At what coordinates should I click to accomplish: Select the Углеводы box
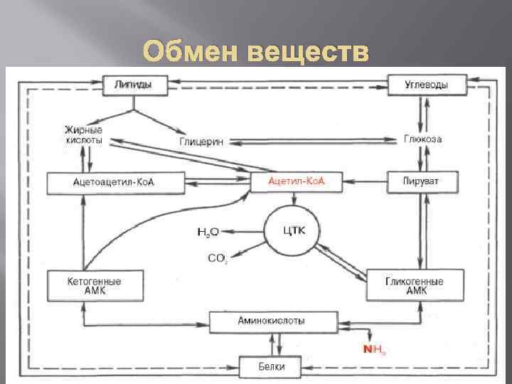coord(426,85)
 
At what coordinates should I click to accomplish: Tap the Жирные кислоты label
coord(84,135)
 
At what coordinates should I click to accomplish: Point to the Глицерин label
coord(201,141)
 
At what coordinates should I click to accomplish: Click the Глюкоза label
coord(422,139)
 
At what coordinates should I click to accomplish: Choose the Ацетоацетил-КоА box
coord(114,182)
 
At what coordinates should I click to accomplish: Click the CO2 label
coord(217,258)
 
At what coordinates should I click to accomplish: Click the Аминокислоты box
coord(272,321)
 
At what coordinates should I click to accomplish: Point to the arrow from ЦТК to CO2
coord(250,250)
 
